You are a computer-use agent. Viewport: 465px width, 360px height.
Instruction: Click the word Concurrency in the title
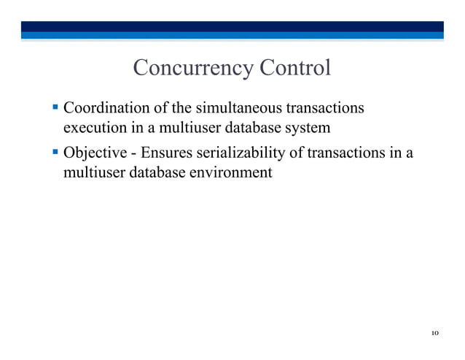(x=192, y=69)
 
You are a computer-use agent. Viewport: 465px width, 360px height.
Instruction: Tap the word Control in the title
(x=295, y=69)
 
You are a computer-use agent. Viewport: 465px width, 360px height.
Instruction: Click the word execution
(x=92, y=129)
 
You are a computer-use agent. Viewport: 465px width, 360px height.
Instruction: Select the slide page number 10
(x=434, y=334)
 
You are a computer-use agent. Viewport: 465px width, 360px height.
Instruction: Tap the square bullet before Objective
(x=55, y=153)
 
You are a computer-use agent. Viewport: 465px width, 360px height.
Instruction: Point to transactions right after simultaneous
(x=324, y=109)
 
